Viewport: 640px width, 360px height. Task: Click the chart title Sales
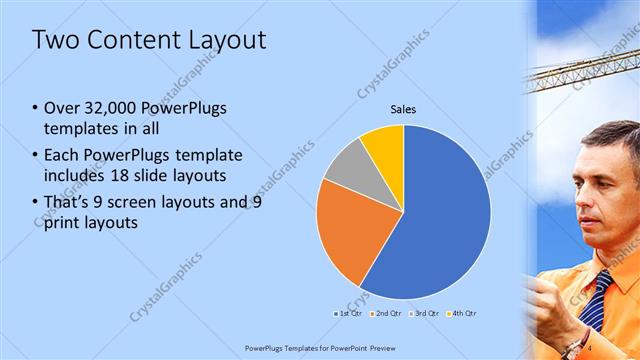403,109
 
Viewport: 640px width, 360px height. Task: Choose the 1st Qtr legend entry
346,313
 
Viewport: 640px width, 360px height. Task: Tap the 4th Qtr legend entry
463,313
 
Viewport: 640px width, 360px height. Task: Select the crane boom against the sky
580,70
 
